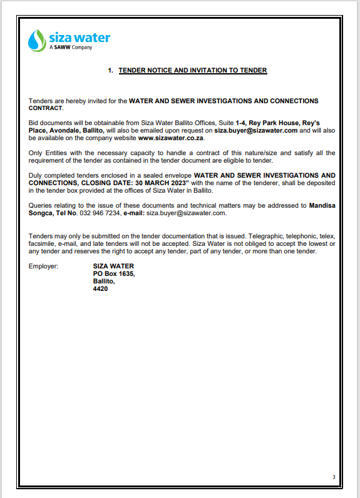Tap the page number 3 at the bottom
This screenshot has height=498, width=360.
334,478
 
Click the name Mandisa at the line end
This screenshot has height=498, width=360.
322,205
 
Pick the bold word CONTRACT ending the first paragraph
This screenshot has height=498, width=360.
46,108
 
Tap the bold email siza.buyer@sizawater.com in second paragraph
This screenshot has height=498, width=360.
257,131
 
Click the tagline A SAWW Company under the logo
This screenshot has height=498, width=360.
70,48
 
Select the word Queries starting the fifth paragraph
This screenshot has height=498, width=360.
41,205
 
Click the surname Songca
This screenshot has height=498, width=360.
43,213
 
